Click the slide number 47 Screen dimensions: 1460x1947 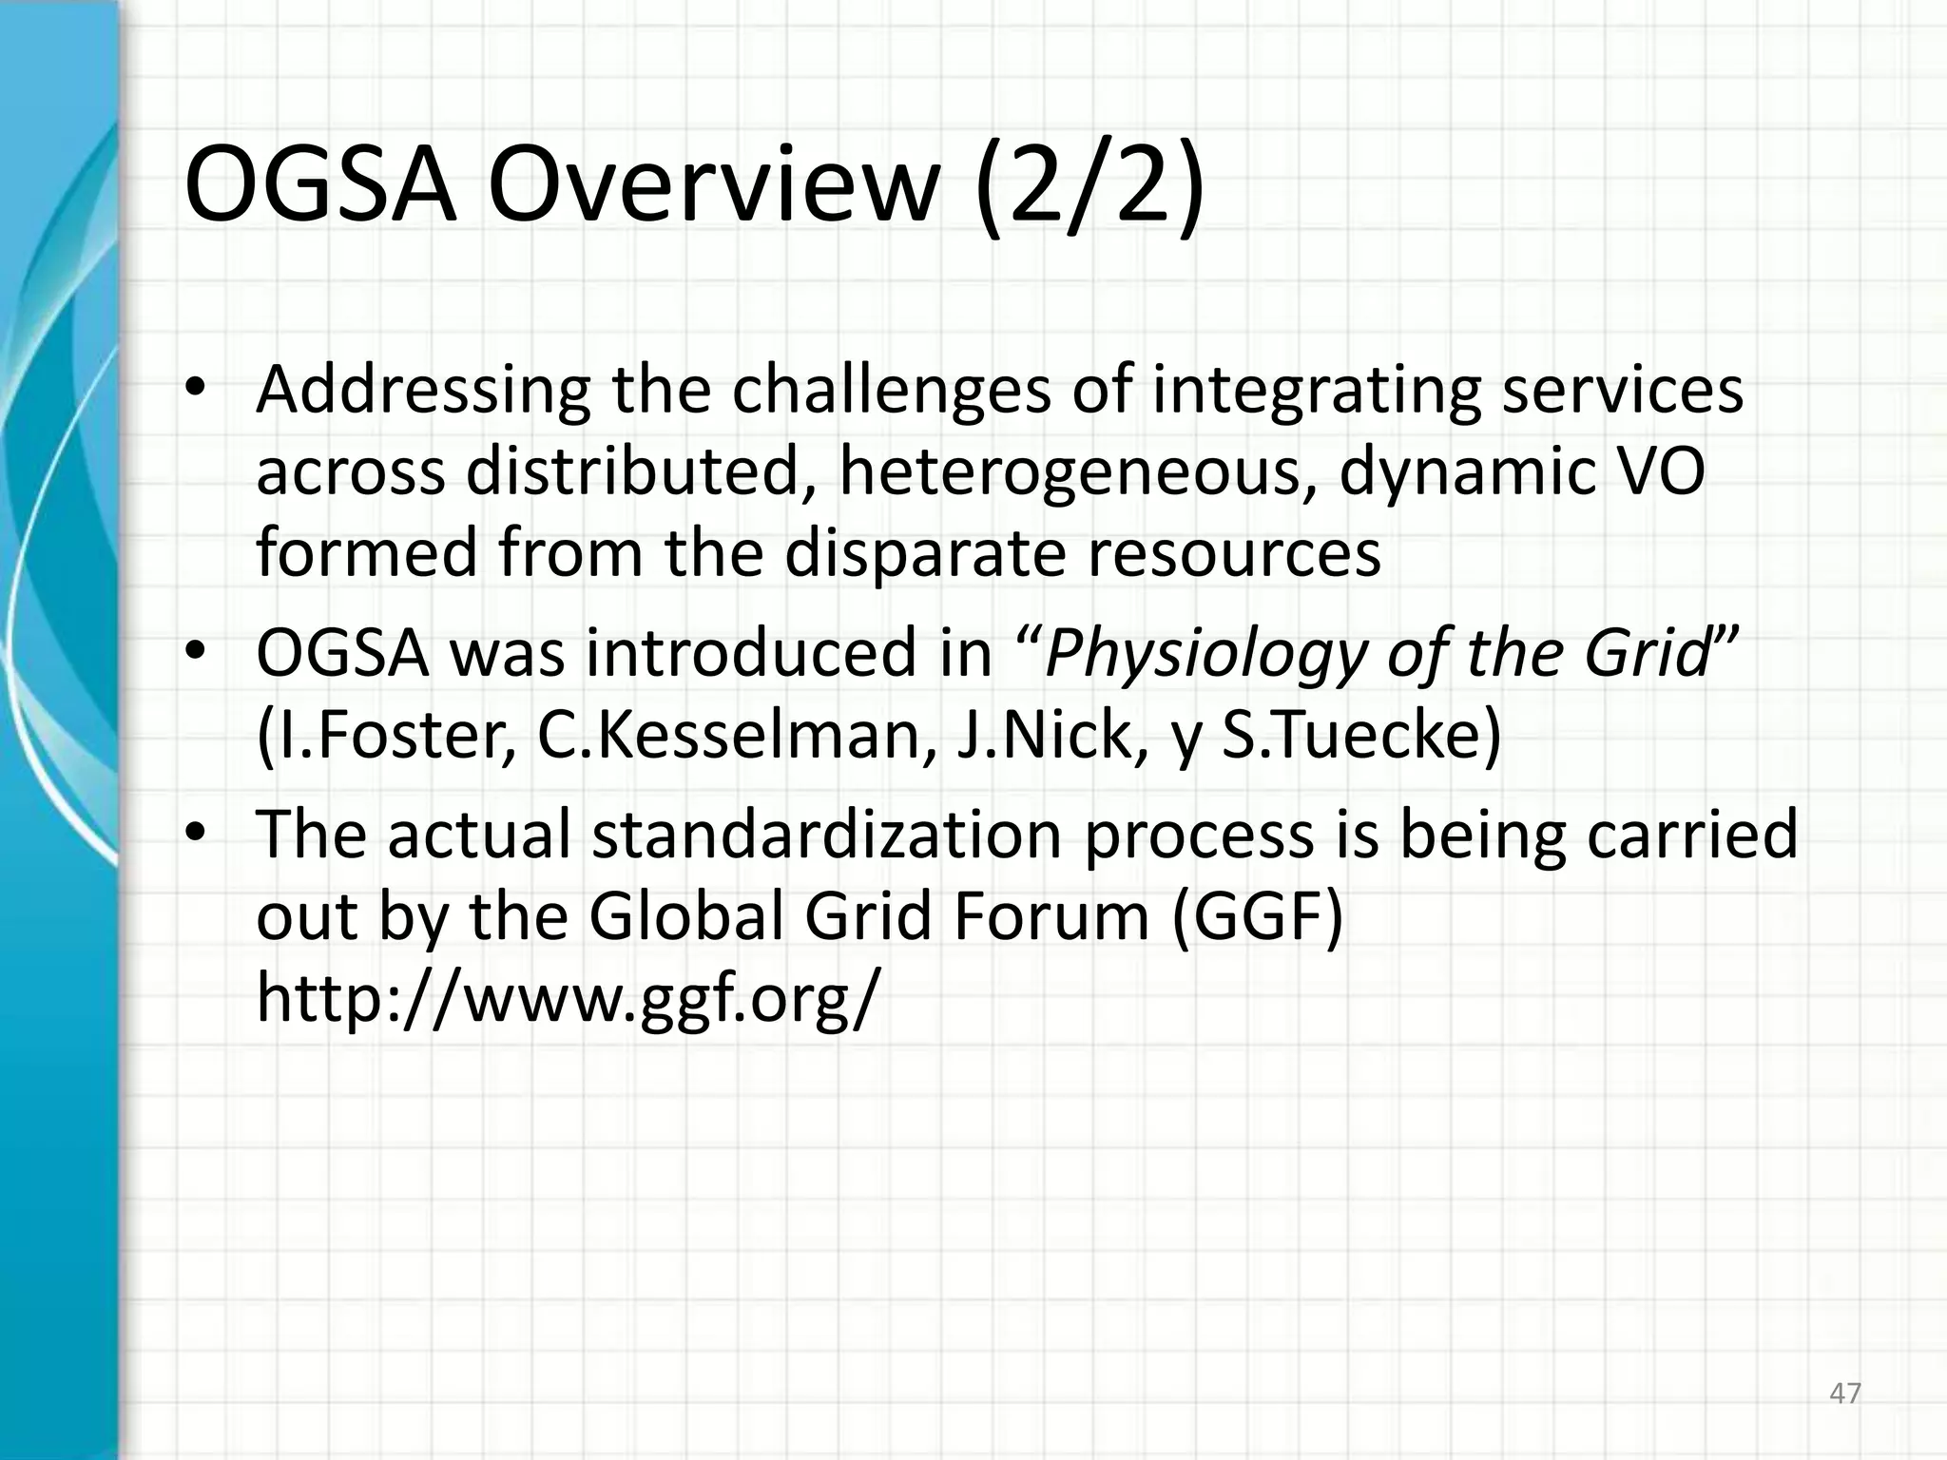click(1845, 1393)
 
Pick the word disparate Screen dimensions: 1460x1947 click(925, 554)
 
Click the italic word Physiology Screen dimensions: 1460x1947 click(1205, 654)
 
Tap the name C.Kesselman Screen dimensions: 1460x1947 click(735, 736)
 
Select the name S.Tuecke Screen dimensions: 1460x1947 click(1360, 736)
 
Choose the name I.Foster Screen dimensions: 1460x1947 click(387, 736)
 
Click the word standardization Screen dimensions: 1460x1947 click(826, 835)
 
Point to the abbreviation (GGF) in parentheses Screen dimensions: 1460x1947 click(1257, 916)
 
